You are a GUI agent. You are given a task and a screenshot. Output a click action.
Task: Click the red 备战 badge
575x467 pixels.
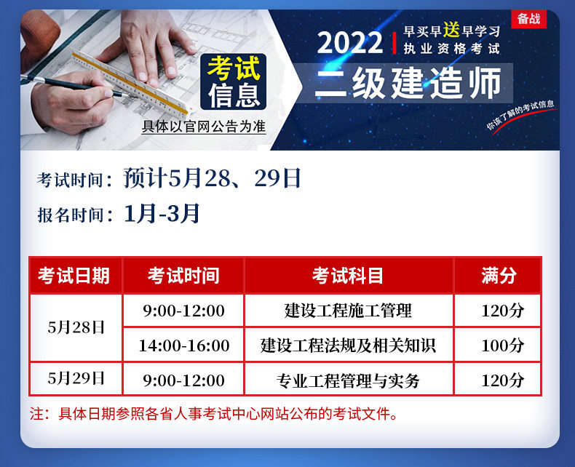coord(529,19)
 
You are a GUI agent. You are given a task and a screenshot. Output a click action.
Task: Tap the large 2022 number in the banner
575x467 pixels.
coord(350,43)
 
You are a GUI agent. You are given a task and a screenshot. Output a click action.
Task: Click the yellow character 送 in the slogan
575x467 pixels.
coord(451,30)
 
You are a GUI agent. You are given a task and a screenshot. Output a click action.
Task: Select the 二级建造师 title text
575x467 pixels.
coord(408,83)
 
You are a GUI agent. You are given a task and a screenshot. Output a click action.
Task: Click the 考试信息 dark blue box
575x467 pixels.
coord(233,81)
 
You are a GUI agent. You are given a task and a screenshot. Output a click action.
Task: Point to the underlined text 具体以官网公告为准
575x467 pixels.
coord(204,127)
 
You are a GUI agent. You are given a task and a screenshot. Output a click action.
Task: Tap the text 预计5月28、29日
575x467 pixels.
coord(212,178)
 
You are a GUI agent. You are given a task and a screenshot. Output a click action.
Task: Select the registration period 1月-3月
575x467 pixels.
coord(162,213)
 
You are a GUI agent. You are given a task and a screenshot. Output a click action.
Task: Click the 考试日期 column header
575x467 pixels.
coord(74,276)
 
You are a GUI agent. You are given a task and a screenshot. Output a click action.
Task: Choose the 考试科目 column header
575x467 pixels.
coord(348,276)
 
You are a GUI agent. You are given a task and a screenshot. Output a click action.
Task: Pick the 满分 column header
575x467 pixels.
coord(499,276)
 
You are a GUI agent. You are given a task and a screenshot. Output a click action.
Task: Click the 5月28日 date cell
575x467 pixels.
coord(76,328)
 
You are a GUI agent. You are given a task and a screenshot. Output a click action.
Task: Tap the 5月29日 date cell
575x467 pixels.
coord(76,379)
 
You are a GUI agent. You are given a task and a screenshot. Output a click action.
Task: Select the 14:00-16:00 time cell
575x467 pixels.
coord(183,346)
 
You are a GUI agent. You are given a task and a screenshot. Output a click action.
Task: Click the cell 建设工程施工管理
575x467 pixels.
coord(348,311)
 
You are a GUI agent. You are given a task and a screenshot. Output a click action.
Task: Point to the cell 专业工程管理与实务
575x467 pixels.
coord(348,380)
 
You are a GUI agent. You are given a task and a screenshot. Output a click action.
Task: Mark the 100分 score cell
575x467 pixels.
coord(502,346)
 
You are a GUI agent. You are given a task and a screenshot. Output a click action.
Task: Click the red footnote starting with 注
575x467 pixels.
coord(214,414)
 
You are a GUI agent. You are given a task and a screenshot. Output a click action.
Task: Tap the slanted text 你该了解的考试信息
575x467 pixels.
coord(520,114)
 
